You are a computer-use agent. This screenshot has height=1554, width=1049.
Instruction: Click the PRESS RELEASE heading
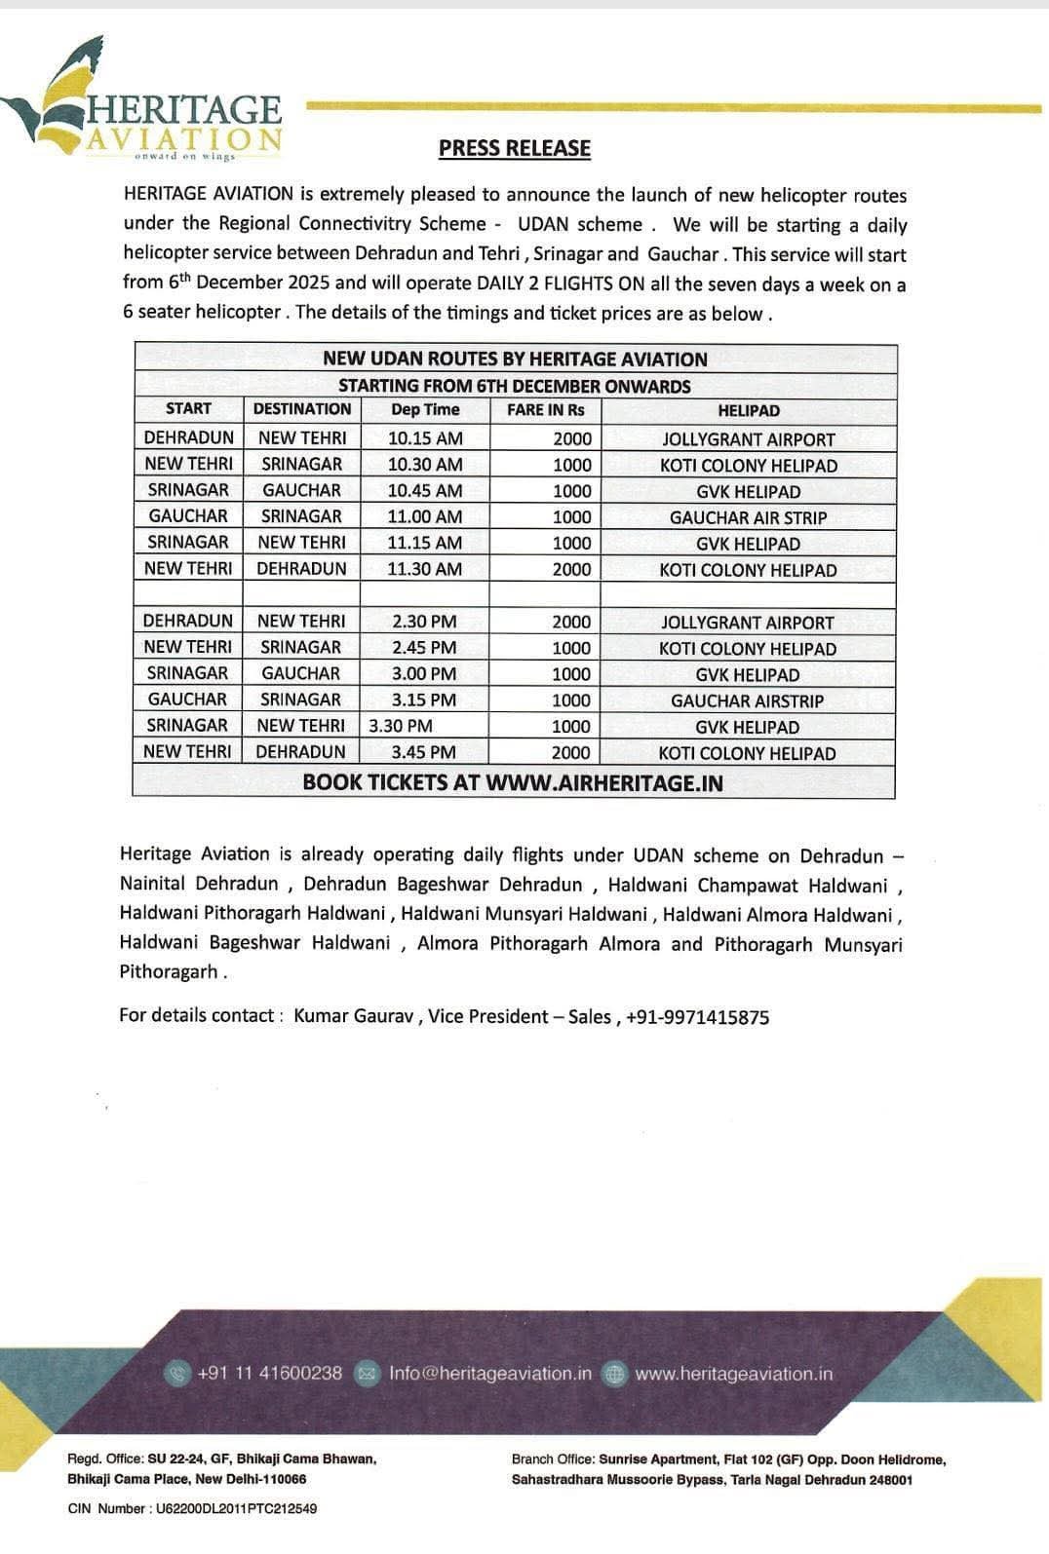pos(514,148)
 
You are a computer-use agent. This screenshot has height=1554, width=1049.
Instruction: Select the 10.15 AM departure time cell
pos(424,438)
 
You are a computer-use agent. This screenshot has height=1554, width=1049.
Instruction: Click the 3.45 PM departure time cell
pos(424,752)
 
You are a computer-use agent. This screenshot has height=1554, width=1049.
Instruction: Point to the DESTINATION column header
pos(301,409)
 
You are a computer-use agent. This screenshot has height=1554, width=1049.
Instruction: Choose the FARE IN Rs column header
pos(545,410)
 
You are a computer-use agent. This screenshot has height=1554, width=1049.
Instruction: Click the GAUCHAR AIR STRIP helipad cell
pos(748,517)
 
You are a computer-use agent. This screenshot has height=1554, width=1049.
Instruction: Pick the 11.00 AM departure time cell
pos(424,517)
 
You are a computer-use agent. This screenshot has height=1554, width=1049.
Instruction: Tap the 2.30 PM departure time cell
pos(424,622)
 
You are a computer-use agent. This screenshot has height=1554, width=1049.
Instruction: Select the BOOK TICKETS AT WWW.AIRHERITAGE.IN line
pos(513,782)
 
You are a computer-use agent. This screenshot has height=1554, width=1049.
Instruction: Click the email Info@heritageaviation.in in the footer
pos(489,1373)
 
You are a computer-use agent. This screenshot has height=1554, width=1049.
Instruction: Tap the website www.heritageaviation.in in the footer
pos(733,1373)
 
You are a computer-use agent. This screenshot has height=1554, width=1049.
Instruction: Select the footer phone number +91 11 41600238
pos(269,1373)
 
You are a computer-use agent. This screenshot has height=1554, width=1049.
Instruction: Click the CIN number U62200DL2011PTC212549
pos(236,1508)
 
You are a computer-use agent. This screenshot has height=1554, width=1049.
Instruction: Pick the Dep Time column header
pos(424,410)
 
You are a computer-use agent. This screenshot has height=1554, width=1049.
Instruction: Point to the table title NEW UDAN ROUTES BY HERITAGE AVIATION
pos(515,359)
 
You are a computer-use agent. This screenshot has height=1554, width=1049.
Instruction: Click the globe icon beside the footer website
pos(614,1374)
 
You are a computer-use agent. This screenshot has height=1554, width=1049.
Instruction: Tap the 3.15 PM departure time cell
pos(424,700)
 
